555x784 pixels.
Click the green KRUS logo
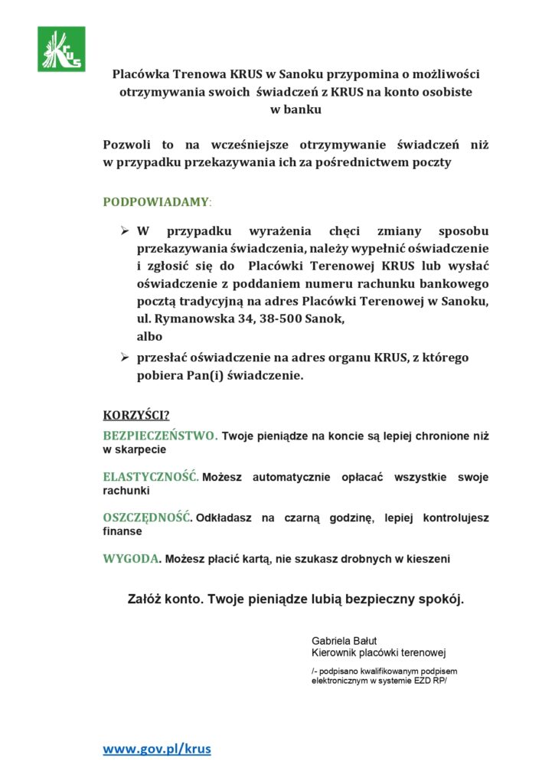pos(61,49)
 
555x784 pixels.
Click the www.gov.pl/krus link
pos(157,749)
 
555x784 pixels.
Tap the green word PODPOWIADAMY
pos(155,202)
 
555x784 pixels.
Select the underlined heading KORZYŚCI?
pos(136,415)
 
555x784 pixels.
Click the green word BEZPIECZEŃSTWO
pos(160,436)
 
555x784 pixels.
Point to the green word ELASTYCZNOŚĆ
pos(151,477)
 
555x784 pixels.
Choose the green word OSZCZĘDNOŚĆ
pos(147,518)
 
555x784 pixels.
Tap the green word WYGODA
pos(132,558)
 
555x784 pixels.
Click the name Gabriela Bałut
pos(344,640)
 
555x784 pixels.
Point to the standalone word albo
pos(149,336)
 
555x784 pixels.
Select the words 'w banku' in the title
pos(296,109)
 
